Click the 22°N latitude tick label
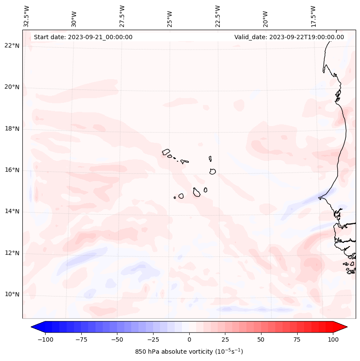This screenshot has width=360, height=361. (x=12, y=46)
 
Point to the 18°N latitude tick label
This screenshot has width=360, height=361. (x=12, y=129)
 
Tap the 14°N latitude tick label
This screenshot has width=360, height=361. (x=12, y=212)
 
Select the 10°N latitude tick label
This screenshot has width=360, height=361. (x=12, y=295)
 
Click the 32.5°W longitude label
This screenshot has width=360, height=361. (x=27, y=16)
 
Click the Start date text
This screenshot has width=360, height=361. (x=83, y=37)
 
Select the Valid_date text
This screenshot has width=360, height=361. (x=289, y=37)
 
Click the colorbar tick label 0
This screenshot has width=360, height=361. (x=189, y=339)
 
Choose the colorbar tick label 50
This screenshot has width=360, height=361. (x=261, y=339)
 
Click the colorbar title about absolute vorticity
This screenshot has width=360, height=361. (x=189, y=352)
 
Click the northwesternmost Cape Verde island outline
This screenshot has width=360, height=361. (x=166, y=151)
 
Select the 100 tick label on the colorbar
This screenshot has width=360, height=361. (x=333, y=339)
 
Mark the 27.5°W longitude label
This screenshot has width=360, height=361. (x=122, y=16)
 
